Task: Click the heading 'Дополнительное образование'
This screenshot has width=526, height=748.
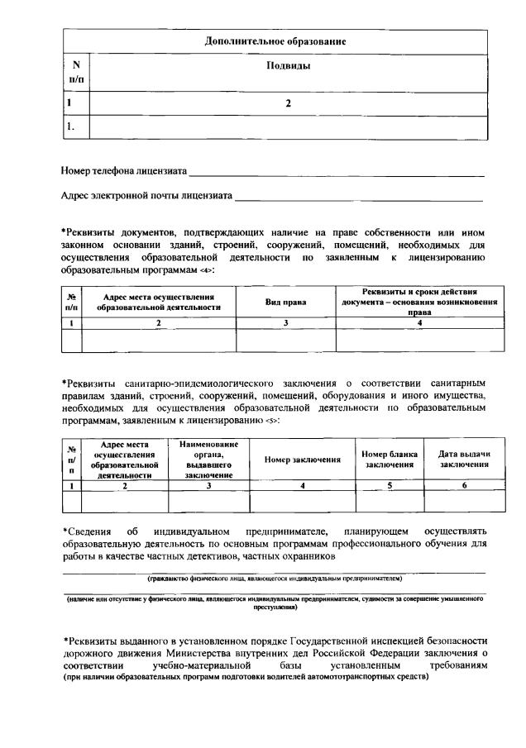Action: pyautogui.click(x=275, y=40)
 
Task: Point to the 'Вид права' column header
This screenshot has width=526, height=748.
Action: pyautogui.click(x=285, y=303)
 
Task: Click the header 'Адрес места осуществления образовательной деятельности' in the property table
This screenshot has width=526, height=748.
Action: pyautogui.click(x=158, y=303)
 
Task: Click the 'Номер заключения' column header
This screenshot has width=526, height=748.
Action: pyautogui.click(x=303, y=460)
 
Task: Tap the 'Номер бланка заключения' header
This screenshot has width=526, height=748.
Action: pyautogui.click(x=390, y=460)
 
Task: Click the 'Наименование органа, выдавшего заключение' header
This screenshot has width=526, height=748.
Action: pyautogui.click(x=208, y=460)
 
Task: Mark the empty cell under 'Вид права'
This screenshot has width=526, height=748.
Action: pyautogui.click(x=285, y=340)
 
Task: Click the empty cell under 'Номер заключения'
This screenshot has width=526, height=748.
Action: pyautogui.click(x=303, y=502)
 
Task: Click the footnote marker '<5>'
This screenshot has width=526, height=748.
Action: pyautogui.click(x=272, y=421)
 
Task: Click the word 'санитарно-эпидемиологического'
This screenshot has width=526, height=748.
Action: pyautogui.click(x=203, y=384)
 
